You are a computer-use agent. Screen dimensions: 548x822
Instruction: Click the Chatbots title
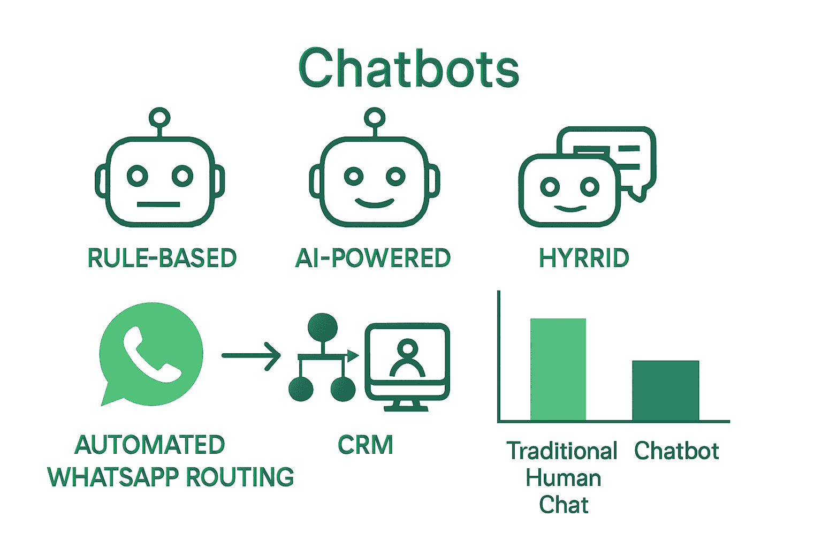tap(409, 68)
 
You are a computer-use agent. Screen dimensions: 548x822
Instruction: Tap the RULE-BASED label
tap(162, 258)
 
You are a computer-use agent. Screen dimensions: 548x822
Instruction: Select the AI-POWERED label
tap(373, 258)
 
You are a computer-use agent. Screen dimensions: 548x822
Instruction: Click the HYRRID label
tap(584, 258)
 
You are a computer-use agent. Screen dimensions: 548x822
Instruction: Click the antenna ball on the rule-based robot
tap(159, 117)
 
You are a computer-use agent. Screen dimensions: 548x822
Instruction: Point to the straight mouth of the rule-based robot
tap(158, 204)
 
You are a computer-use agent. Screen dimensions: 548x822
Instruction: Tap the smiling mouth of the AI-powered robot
tap(375, 203)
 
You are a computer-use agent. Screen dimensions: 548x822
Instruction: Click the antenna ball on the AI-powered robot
tap(375, 117)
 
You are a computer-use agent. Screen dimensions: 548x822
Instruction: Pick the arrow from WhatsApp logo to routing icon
tap(251, 355)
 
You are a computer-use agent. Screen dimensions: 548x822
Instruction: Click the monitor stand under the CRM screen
tap(406, 406)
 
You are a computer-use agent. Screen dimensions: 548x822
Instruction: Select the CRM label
tap(366, 445)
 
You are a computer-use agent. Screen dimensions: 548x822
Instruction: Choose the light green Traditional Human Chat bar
tap(558, 369)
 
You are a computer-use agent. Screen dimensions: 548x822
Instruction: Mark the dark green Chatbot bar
tap(666, 391)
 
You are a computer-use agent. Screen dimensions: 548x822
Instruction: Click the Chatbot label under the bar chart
tap(676, 451)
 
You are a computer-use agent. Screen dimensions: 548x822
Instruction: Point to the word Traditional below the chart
tap(562, 451)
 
